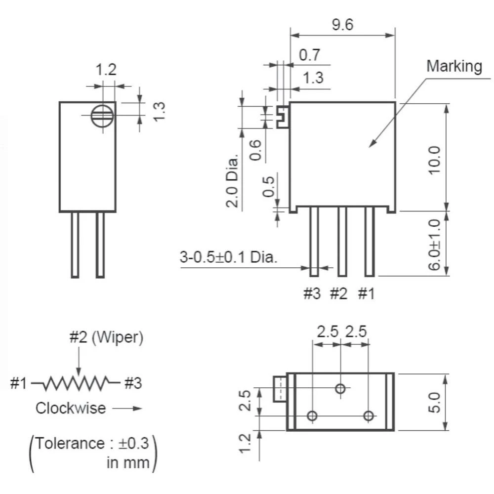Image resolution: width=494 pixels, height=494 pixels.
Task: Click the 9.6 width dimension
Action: (342, 25)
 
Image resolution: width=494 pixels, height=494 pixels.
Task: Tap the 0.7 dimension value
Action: (310, 55)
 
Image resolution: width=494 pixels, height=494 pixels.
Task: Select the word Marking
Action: (454, 66)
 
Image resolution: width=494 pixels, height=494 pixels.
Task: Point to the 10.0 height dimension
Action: (434, 159)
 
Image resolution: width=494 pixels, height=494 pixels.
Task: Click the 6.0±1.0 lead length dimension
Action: (434, 244)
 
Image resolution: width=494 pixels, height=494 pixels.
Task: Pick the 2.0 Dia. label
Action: (232, 180)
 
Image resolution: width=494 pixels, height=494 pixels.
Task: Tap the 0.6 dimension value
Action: (255, 150)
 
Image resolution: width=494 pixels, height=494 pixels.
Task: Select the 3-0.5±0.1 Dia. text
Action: (228, 257)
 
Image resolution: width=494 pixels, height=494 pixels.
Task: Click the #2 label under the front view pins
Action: (338, 294)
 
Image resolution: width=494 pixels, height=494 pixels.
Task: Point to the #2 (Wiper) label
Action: (106, 337)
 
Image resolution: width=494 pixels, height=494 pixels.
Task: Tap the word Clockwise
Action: (71, 409)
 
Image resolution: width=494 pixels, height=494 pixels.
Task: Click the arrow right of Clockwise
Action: (127, 409)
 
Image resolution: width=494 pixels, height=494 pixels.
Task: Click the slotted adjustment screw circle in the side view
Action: (103, 116)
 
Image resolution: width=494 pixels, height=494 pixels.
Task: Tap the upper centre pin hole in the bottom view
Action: (340, 389)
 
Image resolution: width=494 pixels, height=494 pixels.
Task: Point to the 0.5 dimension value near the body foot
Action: (268, 185)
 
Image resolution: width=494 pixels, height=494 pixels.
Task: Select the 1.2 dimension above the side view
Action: (106, 70)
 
